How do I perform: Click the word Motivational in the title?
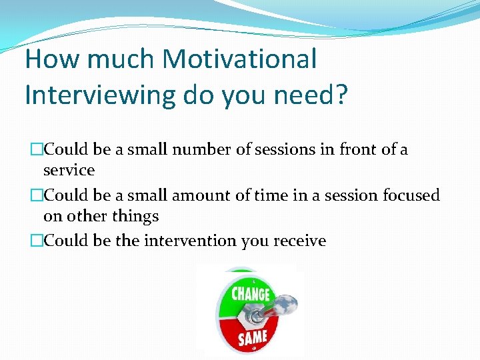click(x=239, y=59)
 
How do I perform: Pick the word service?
click(x=69, y=171)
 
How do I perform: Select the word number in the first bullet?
click(x=201, y=150)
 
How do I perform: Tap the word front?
click(x=353, y=150)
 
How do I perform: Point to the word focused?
click(x=411, y=196)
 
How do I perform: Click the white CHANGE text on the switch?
click(x=251, y=293)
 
